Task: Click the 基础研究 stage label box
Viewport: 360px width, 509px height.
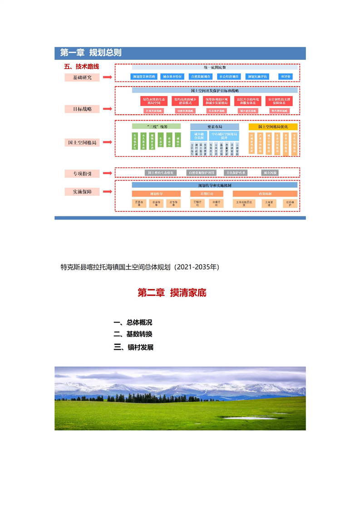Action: (x=82, y=78)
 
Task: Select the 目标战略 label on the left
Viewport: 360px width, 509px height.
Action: (x=82, y=109)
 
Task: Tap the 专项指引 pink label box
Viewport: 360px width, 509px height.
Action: (x=82, y=173)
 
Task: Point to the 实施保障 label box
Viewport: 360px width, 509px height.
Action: (x=82, y=192)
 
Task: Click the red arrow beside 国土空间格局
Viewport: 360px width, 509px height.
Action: (x=107, y=142)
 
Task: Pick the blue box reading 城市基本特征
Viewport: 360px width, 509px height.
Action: (x=172, y=77)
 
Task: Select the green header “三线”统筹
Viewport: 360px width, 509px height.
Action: (x=156, y=127)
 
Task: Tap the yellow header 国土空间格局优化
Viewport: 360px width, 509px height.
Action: (x=273, y=127)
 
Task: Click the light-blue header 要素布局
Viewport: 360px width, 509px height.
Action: (x=214, y=127)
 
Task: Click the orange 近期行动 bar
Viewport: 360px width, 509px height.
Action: (x=206, y=194)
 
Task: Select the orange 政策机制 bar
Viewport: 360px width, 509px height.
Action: (x=265, y=194)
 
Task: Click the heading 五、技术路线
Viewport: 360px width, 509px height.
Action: (x=82, y=66)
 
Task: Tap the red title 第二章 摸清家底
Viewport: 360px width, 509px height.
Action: (x=172, y=293)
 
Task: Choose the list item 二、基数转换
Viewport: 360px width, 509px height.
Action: (x=133, y=334)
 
